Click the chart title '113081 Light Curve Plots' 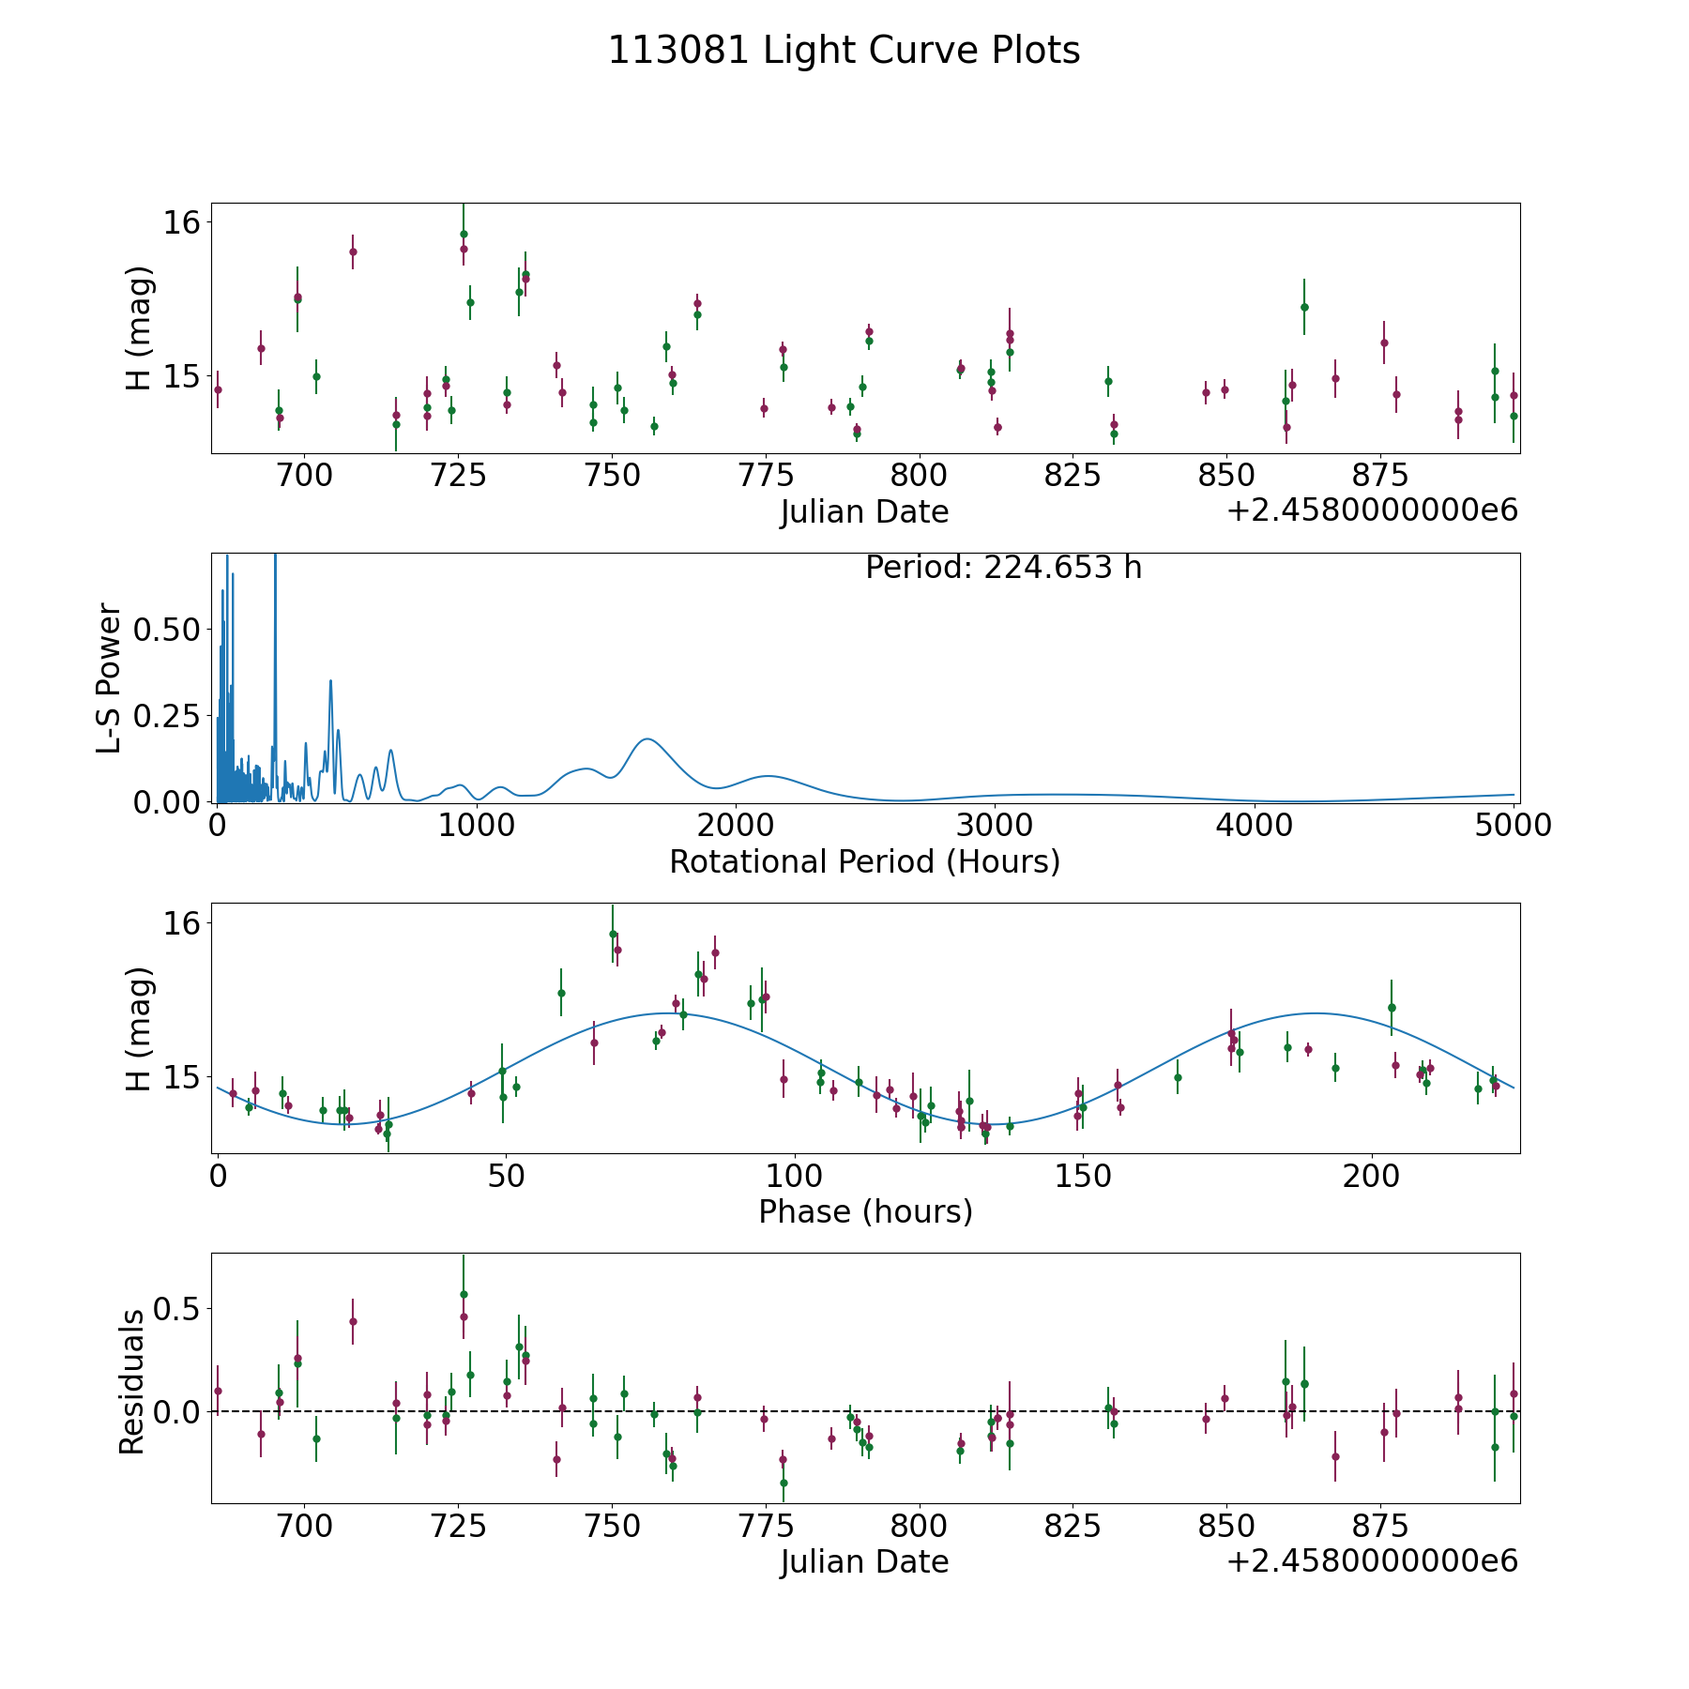pos(844,51)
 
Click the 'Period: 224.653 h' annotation pos(1003,568)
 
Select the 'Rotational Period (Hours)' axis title pos(864,861)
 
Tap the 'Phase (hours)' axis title pos(864,1211)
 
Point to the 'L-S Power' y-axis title pos(109,677)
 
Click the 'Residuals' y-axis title pos(131,1381)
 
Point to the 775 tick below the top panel pos(765,475)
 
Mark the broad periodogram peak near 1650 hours pos(646,739)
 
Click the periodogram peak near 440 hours pos(330,680)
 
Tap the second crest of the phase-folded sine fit pos(1315,1013)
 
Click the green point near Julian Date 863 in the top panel pos(1304,307)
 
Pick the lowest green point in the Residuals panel pos(784,1483)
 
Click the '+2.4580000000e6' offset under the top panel pos(1372,510)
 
